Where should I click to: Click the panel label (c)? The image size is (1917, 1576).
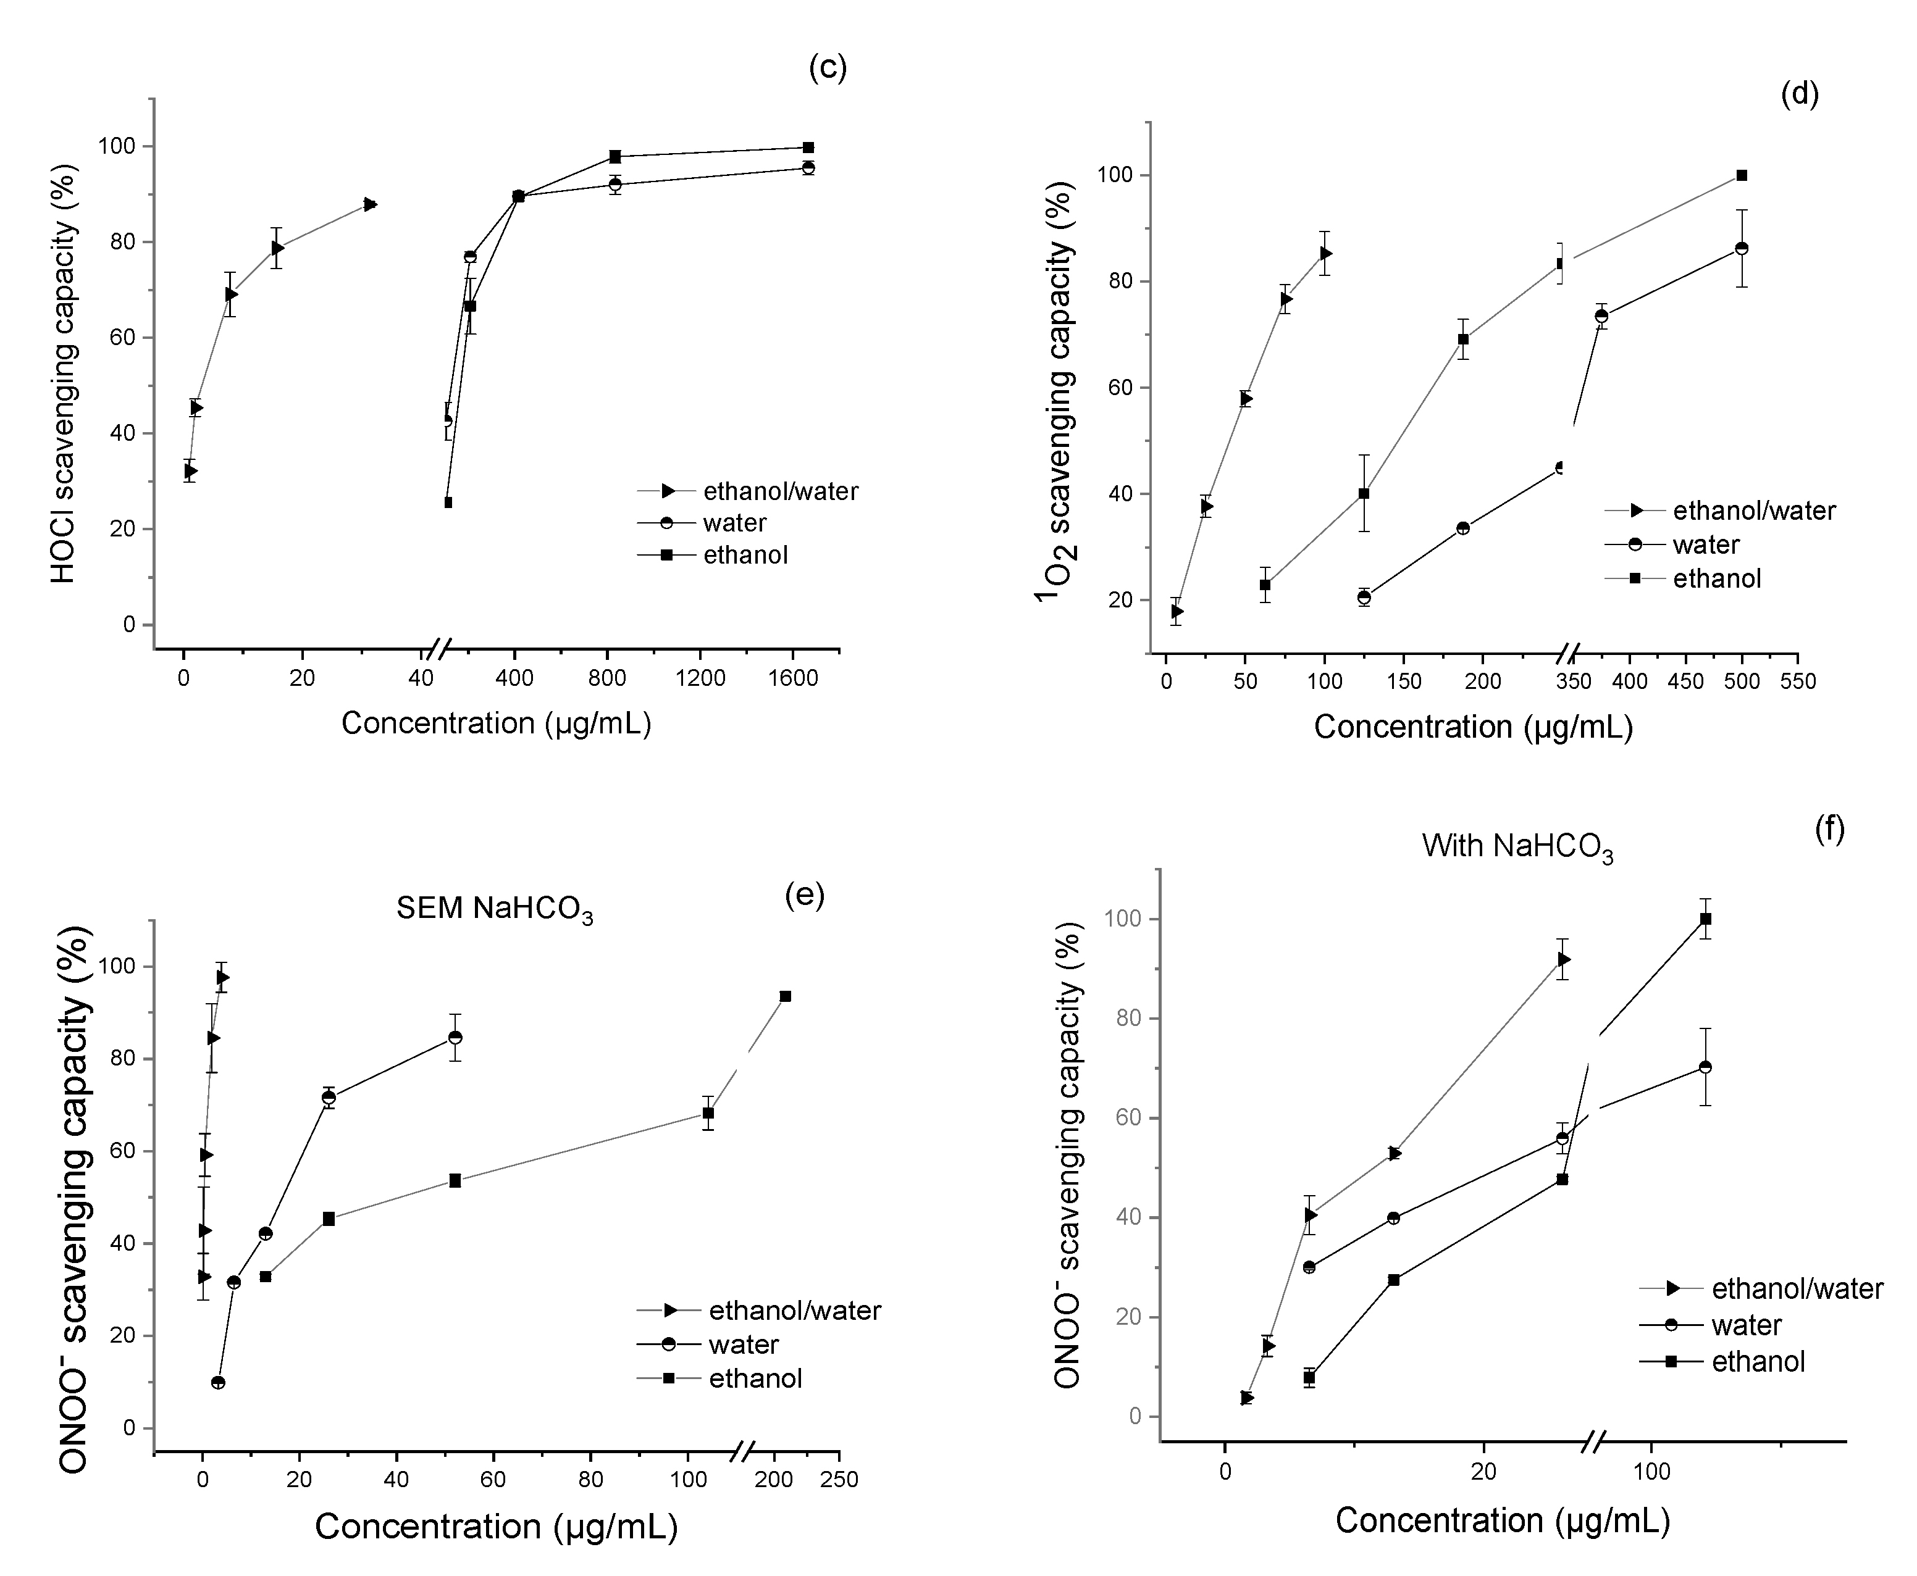(x=828, y=68)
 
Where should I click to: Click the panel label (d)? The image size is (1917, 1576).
(x=1799, y=93)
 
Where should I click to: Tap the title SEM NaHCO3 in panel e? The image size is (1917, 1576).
(x=494, y=909)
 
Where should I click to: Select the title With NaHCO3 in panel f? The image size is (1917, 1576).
(x=1517, y=846)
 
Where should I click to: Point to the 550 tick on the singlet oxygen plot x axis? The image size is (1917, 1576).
(x=1798, y=682)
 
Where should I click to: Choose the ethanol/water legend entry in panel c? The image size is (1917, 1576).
(x=779, y=491)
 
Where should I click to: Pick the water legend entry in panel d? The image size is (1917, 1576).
(x=1705, y=544)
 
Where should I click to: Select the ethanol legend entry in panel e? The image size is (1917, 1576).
(x=755, y=1379)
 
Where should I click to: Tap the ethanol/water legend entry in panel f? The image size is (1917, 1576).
(x=1796, y=1289)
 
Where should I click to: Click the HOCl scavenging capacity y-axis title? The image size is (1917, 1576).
(x=62, y=373)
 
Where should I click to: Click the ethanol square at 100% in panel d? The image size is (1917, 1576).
(x=1741, y=175)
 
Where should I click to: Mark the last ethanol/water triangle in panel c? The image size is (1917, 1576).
(x=369, y=204)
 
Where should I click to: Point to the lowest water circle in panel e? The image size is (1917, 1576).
(x=218, y=1383)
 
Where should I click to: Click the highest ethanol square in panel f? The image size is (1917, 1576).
(x=1705, y=919)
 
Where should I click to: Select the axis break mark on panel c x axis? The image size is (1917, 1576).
(x=438, y=649)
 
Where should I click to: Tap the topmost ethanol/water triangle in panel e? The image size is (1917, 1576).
(x=222, y=977)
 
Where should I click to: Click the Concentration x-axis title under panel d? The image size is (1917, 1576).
(x=1473, y=727)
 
